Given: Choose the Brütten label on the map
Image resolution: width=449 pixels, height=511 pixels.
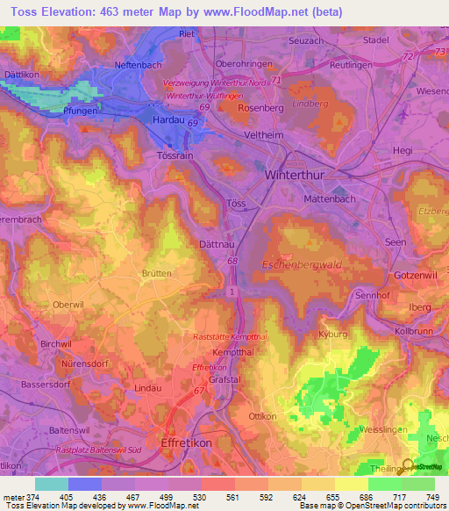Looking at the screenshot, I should tap(157, 273).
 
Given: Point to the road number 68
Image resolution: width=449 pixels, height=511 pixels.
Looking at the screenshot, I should tap(232, 261).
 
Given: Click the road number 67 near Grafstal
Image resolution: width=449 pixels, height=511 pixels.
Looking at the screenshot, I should tap(200, 390).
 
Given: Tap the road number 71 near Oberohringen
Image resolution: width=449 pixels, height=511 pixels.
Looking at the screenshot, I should tap(276, 80).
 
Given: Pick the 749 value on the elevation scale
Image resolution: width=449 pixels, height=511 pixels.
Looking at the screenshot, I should tap(430, 497).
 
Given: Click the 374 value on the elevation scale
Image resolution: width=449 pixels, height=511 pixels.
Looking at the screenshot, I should tap(32, 497).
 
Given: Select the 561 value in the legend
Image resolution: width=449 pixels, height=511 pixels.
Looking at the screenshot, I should tap(232, 497).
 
